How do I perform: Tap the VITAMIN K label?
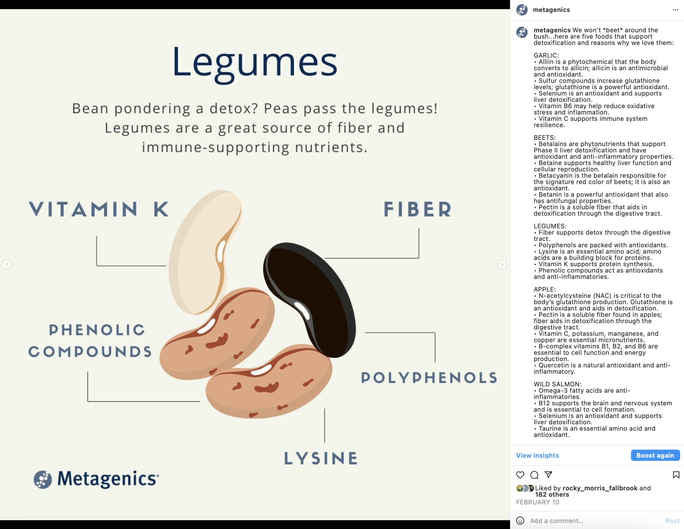[99, 209]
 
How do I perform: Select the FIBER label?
[418, 209]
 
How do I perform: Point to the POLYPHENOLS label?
[429, 378]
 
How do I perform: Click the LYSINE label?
[321, 458]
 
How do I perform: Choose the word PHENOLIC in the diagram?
[97, 330]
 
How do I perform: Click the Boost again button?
[655, 455]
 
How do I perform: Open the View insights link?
[537, 455]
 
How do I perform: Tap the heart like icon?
[520, 475]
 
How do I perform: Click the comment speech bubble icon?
[534, 475]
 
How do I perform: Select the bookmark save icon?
[676, 475]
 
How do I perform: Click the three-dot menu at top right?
[675, 10]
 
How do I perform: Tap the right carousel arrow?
[502, 264]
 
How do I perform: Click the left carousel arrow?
[7, 264]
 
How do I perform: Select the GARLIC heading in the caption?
[546, 55]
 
